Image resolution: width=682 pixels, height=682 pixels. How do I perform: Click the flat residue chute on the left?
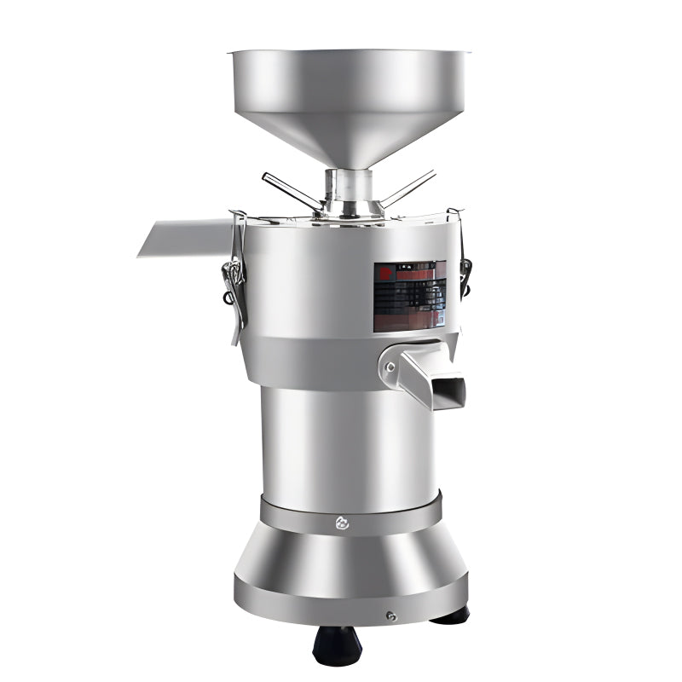click(x=183, y=238)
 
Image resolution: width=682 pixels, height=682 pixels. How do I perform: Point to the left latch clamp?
click(x=232, y=273)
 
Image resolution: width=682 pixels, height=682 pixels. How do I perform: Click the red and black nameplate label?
click(x=409, y=296)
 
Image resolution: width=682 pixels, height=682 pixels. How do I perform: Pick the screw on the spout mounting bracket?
click(x=391, y=367)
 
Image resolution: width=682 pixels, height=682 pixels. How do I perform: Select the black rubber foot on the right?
click(x=449, y=615)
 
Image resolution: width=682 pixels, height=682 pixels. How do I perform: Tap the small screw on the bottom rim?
click(x=390, y=616)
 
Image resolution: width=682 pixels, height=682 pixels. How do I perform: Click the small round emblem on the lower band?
click(x=342, y=523)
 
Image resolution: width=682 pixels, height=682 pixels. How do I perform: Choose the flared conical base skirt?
click(x=350, y=558)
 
